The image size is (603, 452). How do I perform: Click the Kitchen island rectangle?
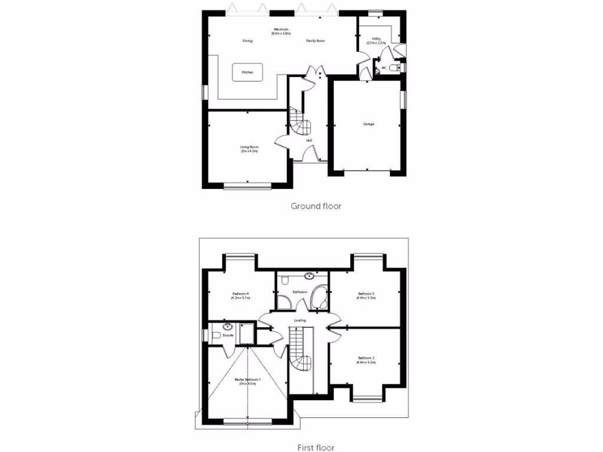coord(247,72)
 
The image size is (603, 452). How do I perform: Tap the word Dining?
coord(247,41)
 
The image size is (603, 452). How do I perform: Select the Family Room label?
coord(316,41)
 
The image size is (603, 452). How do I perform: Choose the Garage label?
coord(368,124)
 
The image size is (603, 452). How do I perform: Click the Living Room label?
coord(249,149)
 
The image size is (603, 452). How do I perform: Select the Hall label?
coord(309,140)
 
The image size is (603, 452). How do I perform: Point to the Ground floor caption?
coord(316,206)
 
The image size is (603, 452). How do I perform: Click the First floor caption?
coord(316,447)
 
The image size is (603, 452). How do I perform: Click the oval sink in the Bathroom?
coord(309,275)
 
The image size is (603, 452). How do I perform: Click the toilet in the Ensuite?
coord(214,335)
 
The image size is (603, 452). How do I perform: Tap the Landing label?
coord(300,320)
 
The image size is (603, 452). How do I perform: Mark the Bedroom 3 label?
coord(366,295)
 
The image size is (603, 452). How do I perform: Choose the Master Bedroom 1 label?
coord(247,381)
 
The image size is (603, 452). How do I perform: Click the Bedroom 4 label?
coord(241,295)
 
